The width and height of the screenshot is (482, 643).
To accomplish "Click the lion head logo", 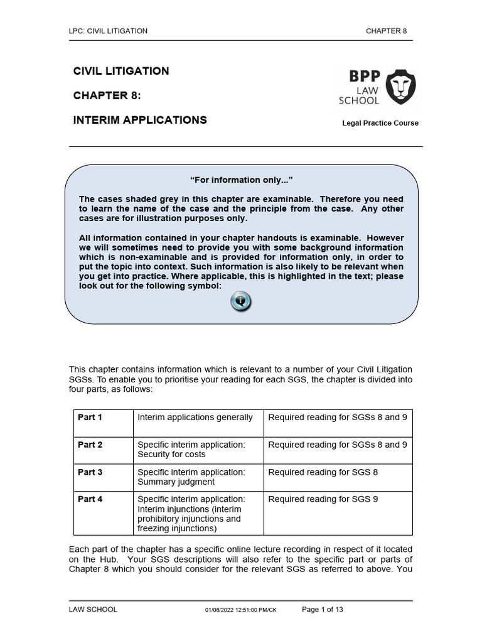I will coord(400,87).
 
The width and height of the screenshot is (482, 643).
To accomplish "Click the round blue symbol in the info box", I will coord(241,301).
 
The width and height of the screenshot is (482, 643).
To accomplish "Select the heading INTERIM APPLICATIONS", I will coord(140,119).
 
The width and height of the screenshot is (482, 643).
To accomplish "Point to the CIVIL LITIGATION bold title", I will coord(121,71).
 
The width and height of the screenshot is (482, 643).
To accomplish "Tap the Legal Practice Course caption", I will coord(380,123).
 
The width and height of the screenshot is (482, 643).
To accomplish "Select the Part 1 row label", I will coord(90,417).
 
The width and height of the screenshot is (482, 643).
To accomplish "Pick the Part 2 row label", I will coord(90,445).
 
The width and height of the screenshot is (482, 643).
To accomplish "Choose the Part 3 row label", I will coord(90,472).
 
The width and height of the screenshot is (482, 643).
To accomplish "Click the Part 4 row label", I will coord(90,499).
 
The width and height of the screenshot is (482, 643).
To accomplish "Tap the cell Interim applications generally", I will coord(195,417).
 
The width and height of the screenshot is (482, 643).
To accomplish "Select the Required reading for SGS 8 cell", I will coord(323,472).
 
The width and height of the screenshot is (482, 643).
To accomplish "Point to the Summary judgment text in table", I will coord(167,482).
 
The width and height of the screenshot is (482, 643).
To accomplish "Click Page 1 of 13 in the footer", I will coord(323,609).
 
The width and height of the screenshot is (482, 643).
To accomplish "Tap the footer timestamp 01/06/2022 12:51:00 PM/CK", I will coord(240,610).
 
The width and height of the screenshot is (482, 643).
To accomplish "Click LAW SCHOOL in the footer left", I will coord(93,609).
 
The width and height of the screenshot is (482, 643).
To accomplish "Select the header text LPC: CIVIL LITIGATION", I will coord(108,31).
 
